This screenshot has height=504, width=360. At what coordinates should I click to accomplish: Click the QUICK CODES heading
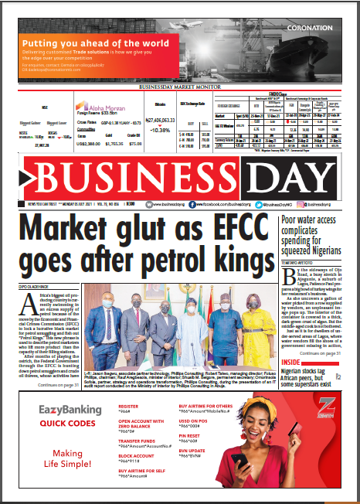point(68,424)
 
